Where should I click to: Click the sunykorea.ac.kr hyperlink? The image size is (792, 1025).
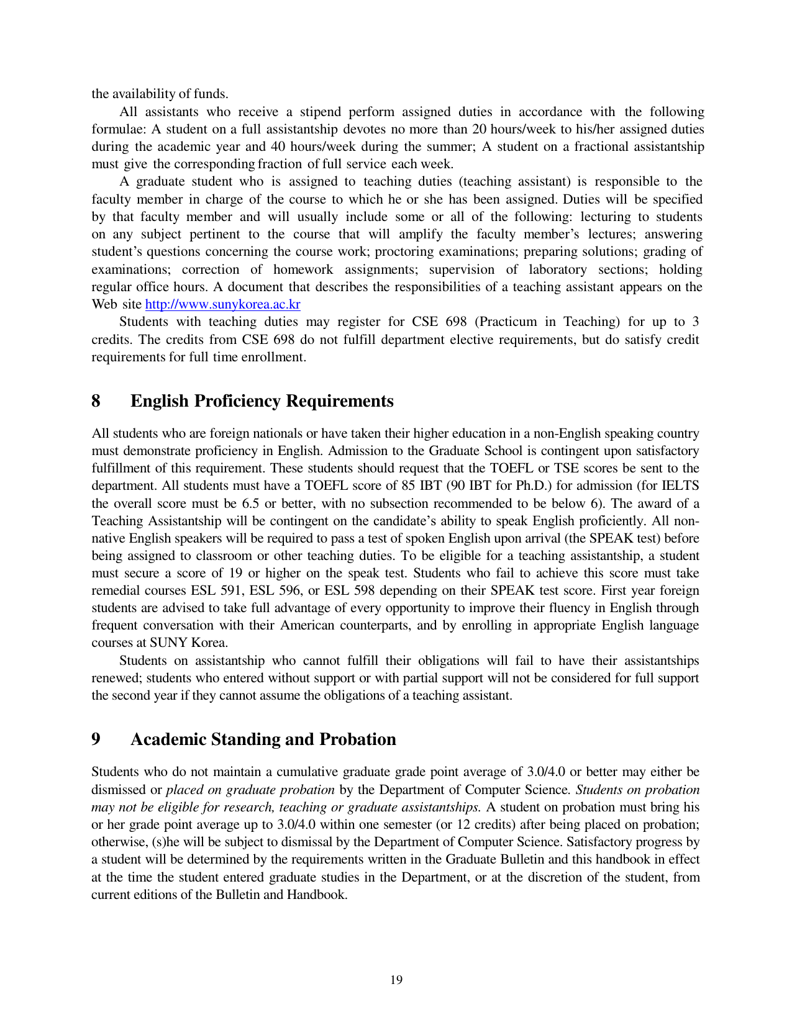click(x=222, y=304)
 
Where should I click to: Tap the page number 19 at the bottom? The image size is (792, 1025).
click(x=396, y=980)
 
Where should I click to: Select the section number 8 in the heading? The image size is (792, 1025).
click(x=96, y=401)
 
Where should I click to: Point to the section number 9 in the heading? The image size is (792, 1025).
click(x=96, y=739)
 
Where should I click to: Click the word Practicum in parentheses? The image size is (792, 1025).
click(x=508, y=322)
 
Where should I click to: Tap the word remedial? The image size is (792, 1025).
click(x=118, y=590)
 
